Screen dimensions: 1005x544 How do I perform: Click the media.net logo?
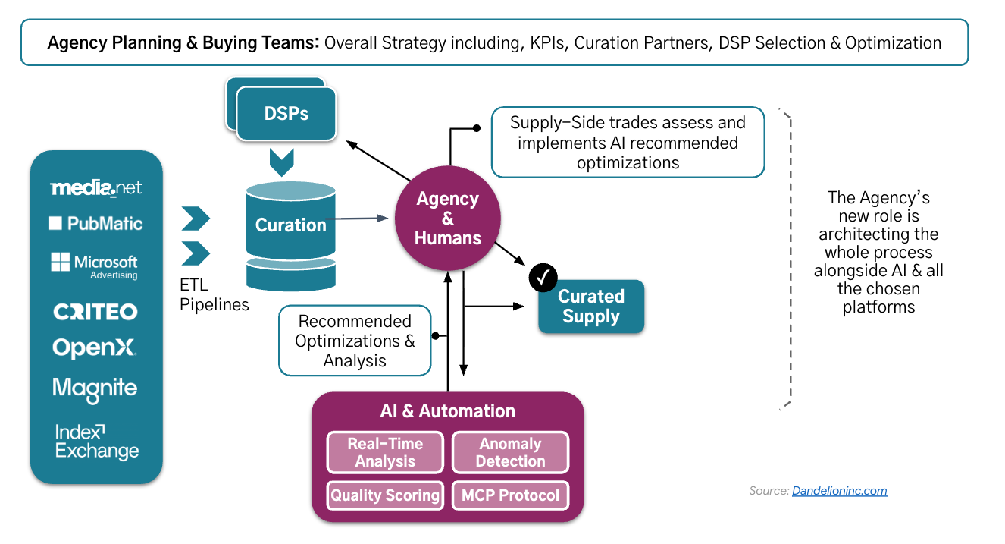[x=96, y=187]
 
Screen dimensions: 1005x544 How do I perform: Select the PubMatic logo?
[x=95, y=223]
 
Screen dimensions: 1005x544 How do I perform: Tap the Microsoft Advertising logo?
[x=95, y=266]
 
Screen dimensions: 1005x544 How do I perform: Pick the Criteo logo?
[x=95, y=311]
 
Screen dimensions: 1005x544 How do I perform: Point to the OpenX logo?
[x=94, y=348]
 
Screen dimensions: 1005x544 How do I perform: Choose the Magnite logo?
[x=95, y=389]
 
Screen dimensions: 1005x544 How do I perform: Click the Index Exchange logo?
[x=97, y=442]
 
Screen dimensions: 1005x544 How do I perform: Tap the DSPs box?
[x=286, y=114]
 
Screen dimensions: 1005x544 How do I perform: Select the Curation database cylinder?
[x=291, y=236]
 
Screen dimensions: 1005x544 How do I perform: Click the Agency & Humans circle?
[x=448, y=219]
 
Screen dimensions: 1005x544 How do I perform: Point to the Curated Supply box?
[x=591, y=307]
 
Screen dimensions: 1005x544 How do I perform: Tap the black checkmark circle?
[x=543, y=278]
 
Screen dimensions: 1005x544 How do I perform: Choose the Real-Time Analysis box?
[x=385, y=452]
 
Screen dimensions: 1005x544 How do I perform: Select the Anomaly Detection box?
[x=511, y=452]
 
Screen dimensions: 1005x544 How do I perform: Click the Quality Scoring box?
[x=385, y=495]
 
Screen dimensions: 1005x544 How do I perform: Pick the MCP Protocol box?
[x=511, y=495]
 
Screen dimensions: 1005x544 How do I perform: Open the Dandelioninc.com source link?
[x=840, y=491]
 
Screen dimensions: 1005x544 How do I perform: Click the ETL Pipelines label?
[x=214, y=294]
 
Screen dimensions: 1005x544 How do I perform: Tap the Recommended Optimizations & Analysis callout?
[x=355, y=341]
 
